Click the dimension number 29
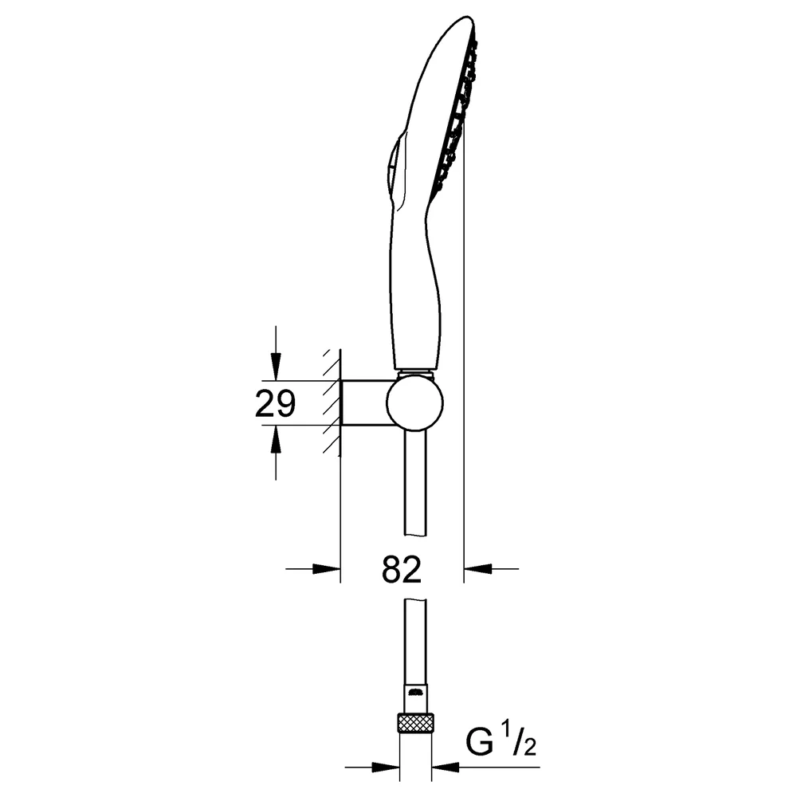[275, 404]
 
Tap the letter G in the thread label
[480, 743]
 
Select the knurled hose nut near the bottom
[415, 722]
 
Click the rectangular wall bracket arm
[365, 402]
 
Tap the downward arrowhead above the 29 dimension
[275, 367]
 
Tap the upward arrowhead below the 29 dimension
[275, 438]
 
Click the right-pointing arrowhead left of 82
[326, 569]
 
